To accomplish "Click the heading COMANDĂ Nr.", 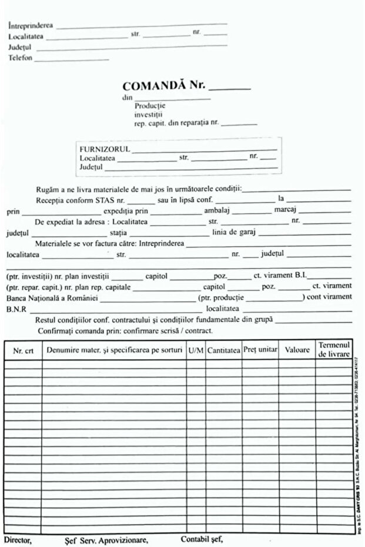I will coord(164,85).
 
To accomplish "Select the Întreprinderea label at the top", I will coord(31,26).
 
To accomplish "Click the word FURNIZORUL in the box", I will coord(104,149).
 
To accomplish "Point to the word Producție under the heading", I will coord(150,106).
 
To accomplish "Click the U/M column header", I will coord(196,350).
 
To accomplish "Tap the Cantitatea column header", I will coord(223,350).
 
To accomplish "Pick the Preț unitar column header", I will coord(260,350).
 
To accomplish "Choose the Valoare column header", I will coord(297,350).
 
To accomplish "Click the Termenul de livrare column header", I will coord(334,350).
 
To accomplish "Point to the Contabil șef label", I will coord(202,539).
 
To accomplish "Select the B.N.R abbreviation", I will coord(16,308).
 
